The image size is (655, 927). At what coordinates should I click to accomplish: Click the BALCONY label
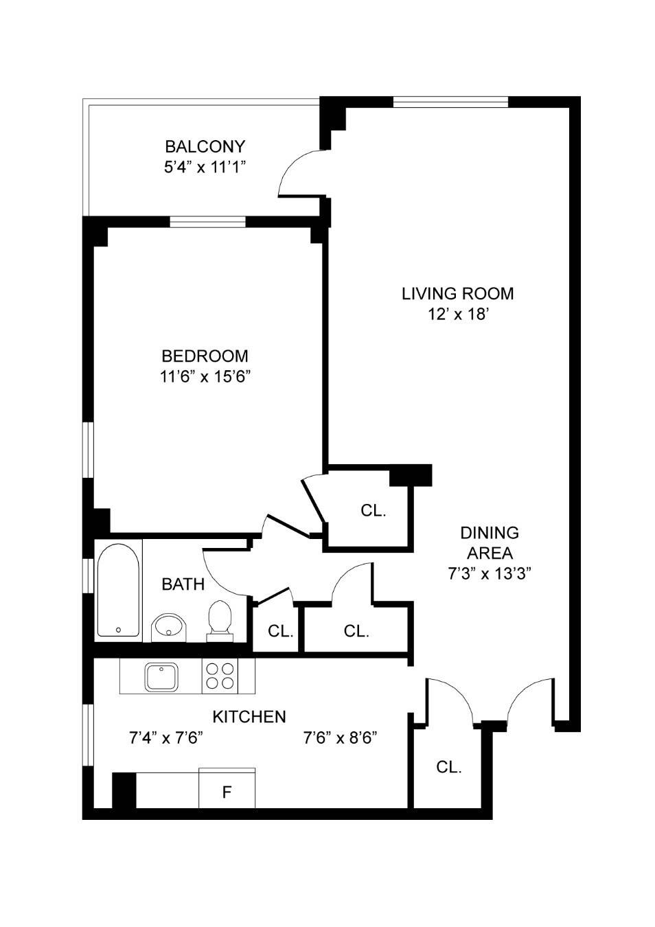pyautogui.click(x=205, y=146)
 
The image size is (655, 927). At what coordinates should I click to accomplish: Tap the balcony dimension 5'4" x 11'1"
pyautogui.click(x=205, y=167)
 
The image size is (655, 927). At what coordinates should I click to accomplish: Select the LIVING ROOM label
pyautogui.click(x=457, y=293)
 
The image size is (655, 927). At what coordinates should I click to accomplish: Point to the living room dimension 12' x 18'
pyautogui.click(x=457, y=314)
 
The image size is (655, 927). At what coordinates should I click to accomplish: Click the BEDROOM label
pyautogui.click(x=205, y=356)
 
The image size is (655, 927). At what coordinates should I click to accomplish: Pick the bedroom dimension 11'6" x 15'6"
pyautogui.click(x=205, y=376)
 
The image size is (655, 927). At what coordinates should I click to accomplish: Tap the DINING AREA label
pyautogui.click(x=490, y=542)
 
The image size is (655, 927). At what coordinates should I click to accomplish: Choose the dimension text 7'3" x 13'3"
pyautogui.click(x=490, y=574)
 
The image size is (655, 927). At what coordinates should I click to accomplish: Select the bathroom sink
pyautogui.click(x=168, y=626)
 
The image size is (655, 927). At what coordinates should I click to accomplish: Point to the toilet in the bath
pyautogui.click(x=220, y=619)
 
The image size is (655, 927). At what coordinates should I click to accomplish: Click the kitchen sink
pyautogui.click(x=161, y=676)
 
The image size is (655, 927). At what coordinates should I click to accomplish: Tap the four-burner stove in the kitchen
pyautogui.click(x=220, y=676)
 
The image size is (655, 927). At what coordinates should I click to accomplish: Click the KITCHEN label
pyautogui.click(x=249, y=717)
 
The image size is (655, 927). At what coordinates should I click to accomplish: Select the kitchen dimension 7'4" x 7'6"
pyautogui.click(x=165, y=738)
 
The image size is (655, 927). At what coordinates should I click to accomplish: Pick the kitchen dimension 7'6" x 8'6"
pyautogui.click(x=340, y=738)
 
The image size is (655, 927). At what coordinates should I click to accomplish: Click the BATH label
pyautogui.click(x=183, y=584)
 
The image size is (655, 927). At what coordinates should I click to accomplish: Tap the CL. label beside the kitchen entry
pyautogui.click(x=448, y=767)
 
